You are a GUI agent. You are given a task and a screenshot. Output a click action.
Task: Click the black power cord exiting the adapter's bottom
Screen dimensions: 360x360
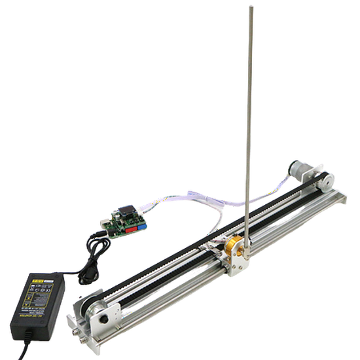[x=26, y=343]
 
